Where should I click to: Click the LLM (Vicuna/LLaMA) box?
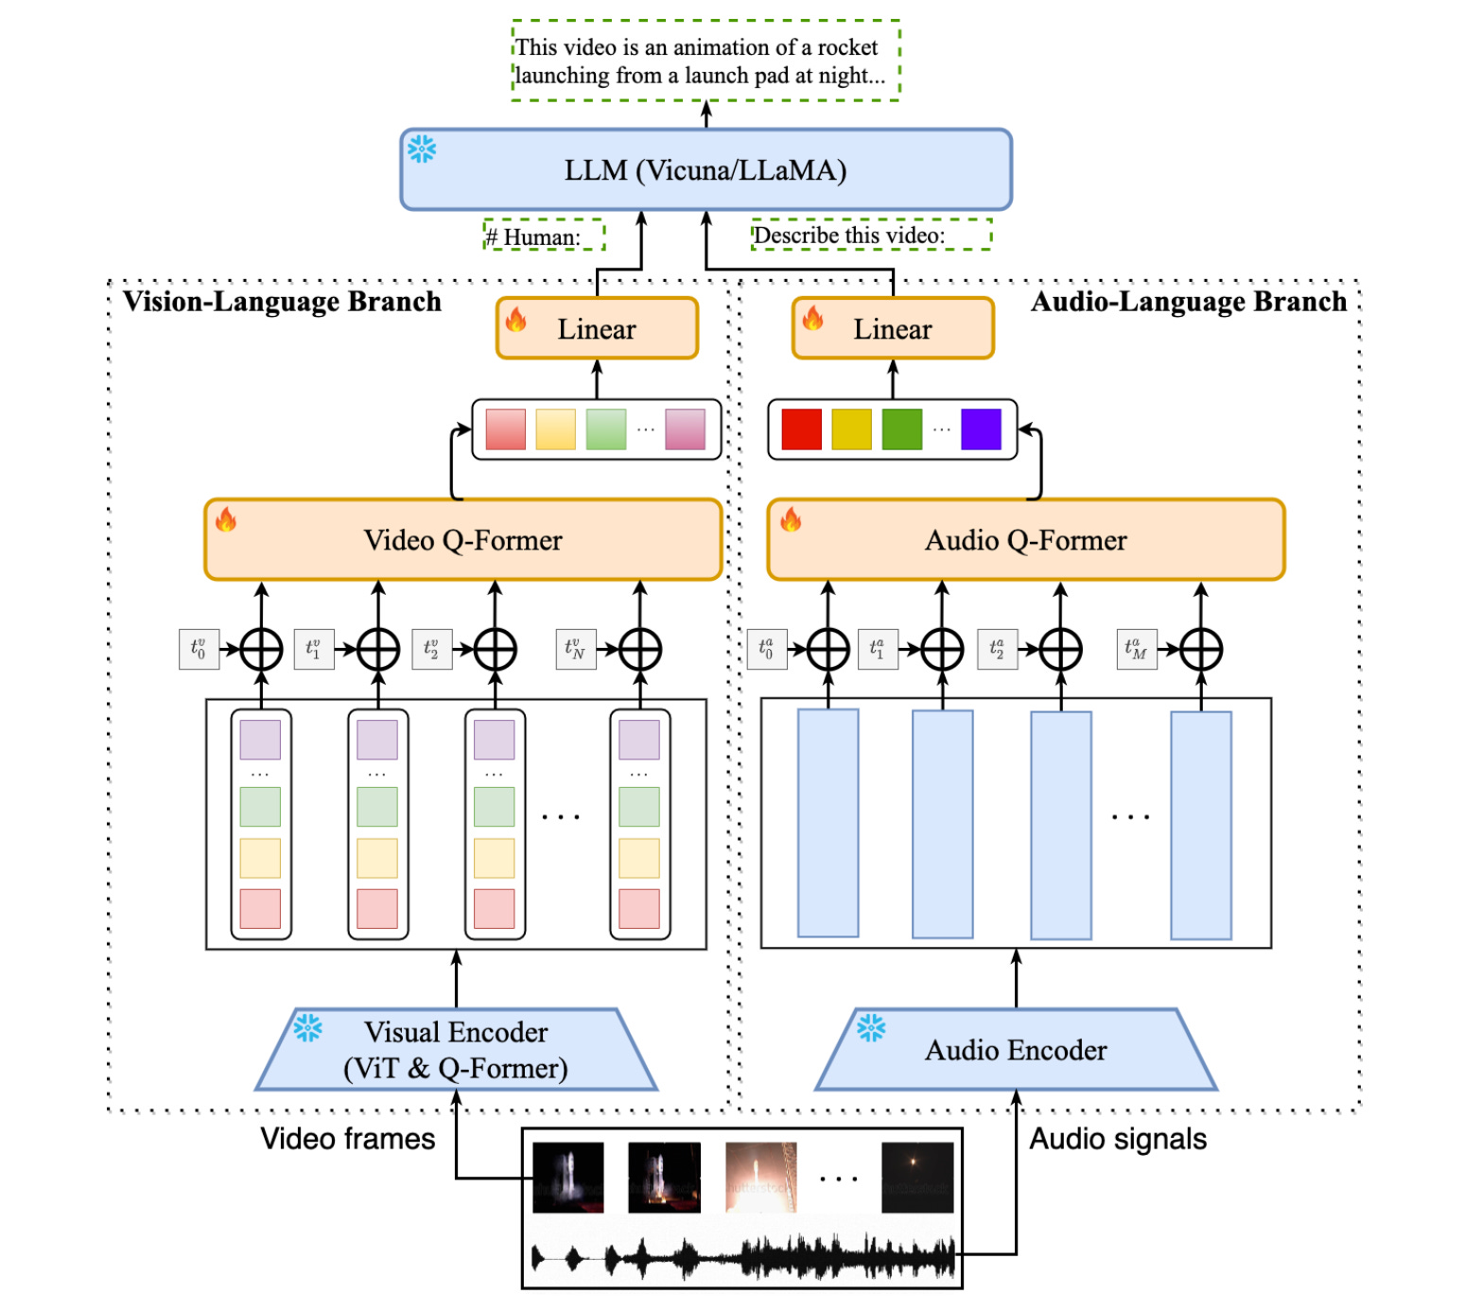tap(706, 170)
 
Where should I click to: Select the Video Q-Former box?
tap(462, 539)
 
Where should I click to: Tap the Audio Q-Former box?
tap(1025, 539)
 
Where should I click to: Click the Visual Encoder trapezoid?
tap(456, 1049)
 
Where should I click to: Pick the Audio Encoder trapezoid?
tap(1016, 1049)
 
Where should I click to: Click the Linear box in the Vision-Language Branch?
tap(597, 328)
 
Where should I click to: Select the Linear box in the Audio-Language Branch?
tap(893, 328)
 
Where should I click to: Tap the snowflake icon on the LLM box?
tap(421, 149)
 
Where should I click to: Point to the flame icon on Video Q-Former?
tap(225, 519)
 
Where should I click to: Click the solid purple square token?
tap(981, 429)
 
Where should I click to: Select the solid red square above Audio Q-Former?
tap(801, 429)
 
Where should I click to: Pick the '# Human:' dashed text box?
tap(544, 235)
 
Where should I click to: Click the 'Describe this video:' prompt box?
tap(871, 235)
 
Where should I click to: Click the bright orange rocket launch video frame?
tap(761, 1177)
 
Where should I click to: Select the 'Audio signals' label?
tap(1117, 1139)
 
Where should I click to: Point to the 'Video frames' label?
tap(348, 1139)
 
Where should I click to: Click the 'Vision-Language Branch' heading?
tap(282, 302)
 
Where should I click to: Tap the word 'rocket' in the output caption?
tap(846, 47)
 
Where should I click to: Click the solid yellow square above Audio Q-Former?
tap(851, 429)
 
